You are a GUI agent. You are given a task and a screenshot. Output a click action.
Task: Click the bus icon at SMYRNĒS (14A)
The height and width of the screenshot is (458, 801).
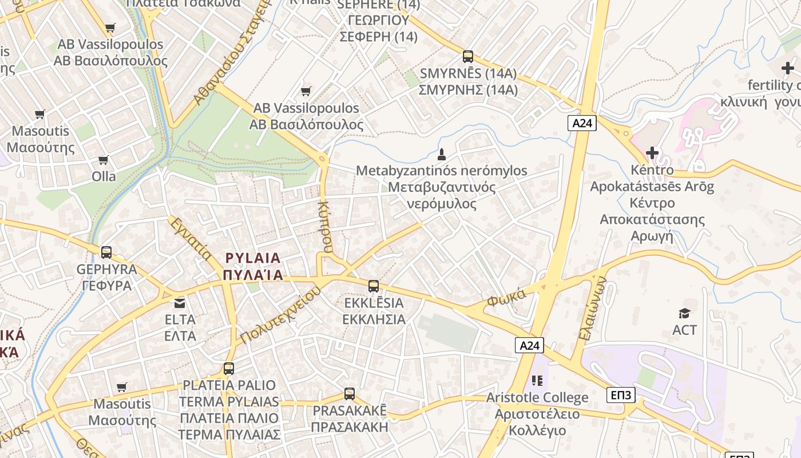[x=468, y=57]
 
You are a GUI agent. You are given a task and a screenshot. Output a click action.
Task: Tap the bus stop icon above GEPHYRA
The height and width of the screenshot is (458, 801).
[x=106, y=252]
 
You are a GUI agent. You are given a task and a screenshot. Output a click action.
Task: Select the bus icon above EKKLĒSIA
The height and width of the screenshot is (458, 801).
[x=374, y=286]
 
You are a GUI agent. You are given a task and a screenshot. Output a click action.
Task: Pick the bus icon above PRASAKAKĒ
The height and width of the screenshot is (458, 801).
[x=350, y=394]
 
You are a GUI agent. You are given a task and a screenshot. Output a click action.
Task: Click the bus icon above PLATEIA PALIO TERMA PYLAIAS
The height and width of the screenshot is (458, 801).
[x=229, y=368]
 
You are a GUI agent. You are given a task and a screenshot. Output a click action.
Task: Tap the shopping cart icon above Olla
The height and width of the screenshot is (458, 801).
[x=104, y=160]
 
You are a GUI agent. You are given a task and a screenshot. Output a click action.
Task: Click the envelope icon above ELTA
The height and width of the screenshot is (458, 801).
[x=180, y=303]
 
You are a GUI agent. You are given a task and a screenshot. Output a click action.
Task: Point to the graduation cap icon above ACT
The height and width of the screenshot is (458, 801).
[x=685, y=313]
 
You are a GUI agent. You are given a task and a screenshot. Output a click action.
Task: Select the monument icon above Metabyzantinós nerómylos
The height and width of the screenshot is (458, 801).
[x=442, y=154]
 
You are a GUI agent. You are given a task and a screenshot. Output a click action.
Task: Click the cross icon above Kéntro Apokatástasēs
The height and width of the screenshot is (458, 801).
[x=652, y=153]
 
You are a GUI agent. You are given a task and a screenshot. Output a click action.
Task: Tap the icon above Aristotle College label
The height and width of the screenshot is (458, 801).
[x=537, y=380]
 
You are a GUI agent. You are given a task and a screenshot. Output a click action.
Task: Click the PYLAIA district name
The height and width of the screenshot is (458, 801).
[x=253, y=258]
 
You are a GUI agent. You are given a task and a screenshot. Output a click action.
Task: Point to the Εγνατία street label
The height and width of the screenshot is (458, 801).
[x=190, y=238]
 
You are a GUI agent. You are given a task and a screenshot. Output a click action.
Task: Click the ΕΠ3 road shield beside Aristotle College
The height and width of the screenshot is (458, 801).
[x=621, y=394]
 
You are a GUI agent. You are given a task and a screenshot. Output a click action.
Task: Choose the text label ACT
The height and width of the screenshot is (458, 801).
[x=685, y=330]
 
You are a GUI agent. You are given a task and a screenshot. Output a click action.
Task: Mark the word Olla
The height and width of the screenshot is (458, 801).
[x=104, y=176]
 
